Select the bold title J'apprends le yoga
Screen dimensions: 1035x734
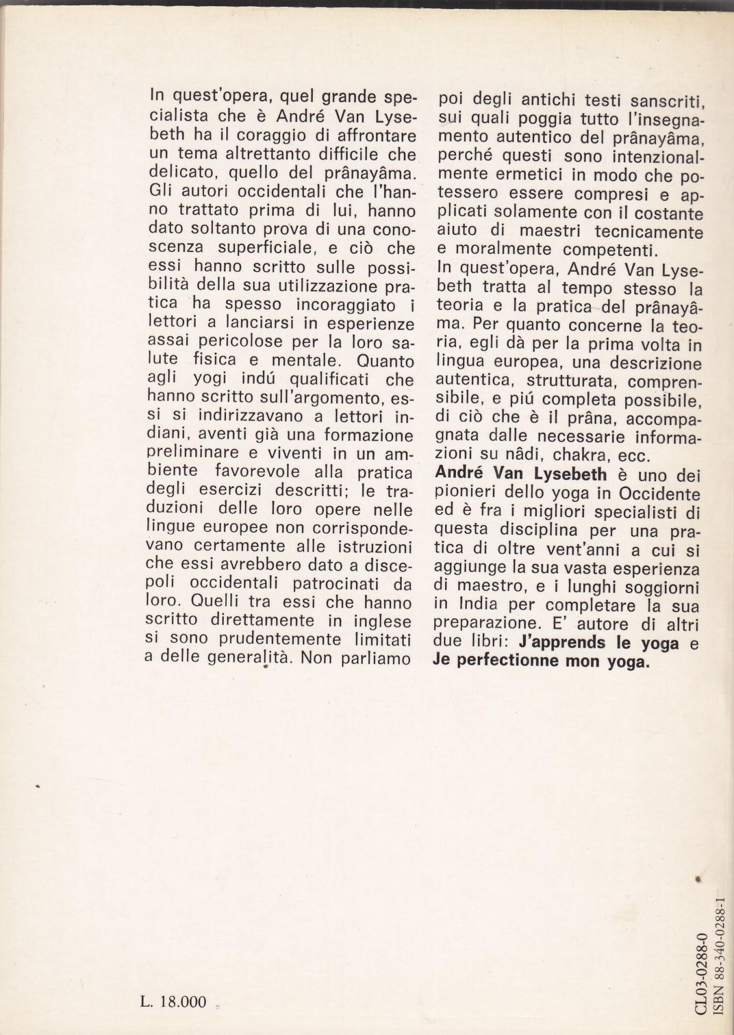[x=591, y=643]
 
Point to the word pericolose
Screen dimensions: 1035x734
[x=244, y=342]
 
